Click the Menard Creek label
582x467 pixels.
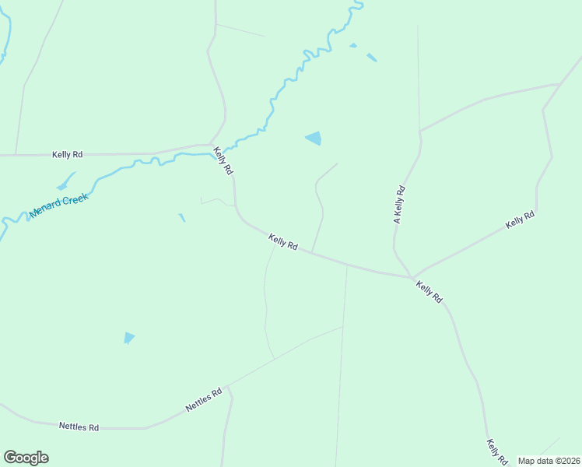pos(59,205)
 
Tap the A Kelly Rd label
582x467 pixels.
pos(399,205)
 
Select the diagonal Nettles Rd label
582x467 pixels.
pos(204,400)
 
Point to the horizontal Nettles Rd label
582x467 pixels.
pos(79,427)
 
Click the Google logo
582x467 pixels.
pos(26,458)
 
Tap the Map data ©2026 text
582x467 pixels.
pos(549,461)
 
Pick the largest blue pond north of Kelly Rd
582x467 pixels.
pos(314,139)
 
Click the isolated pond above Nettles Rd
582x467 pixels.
pos(128,338)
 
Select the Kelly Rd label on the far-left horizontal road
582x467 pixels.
pos(67,154)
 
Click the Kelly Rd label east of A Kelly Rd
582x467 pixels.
pos(520,219)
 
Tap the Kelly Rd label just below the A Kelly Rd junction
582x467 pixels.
pos(429,292)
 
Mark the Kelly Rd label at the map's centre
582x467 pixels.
pos(283,241)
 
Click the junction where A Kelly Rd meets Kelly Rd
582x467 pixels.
pos(412,277)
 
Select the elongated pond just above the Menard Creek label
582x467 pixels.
pos(65,181)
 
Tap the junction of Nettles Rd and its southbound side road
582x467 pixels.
pos(227,386)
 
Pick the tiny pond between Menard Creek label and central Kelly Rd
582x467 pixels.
pos(182,218)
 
